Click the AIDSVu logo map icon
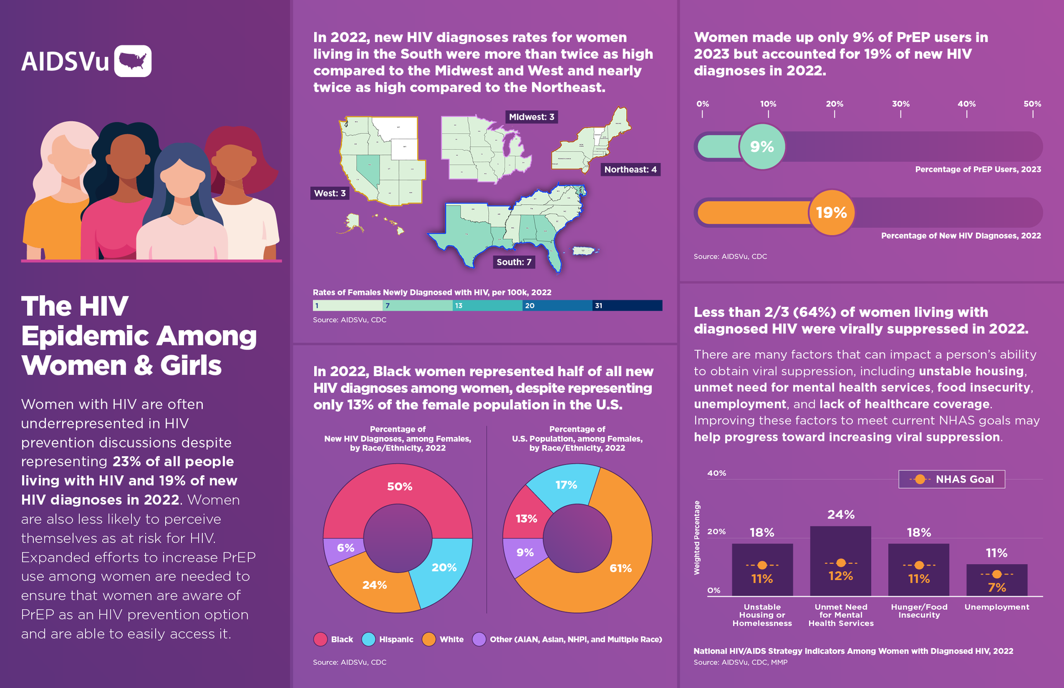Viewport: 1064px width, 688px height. [133, 61]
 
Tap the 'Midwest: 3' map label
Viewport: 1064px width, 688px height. [531, 117]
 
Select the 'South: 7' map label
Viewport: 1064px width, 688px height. [514, 262]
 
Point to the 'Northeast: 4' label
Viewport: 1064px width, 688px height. [630, 170]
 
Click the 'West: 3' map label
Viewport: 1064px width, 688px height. [330, 193]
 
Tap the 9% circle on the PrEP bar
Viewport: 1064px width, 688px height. [762, 147]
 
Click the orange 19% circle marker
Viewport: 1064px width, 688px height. [831, 213]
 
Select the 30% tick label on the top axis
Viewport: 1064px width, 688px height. [901, 104]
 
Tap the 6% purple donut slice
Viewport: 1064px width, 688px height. [345, 548]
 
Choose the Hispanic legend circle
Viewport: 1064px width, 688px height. [369, 639]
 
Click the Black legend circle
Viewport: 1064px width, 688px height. [320, 639]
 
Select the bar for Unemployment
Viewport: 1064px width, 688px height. [996, 579]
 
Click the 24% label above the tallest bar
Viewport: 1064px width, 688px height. [841, 515]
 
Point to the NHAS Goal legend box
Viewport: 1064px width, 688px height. [952, 479]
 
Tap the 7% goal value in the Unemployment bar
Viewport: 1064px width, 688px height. [996, 587]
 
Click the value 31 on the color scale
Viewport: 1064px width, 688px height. [598, 306]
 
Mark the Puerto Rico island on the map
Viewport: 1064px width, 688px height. [584, 251]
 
